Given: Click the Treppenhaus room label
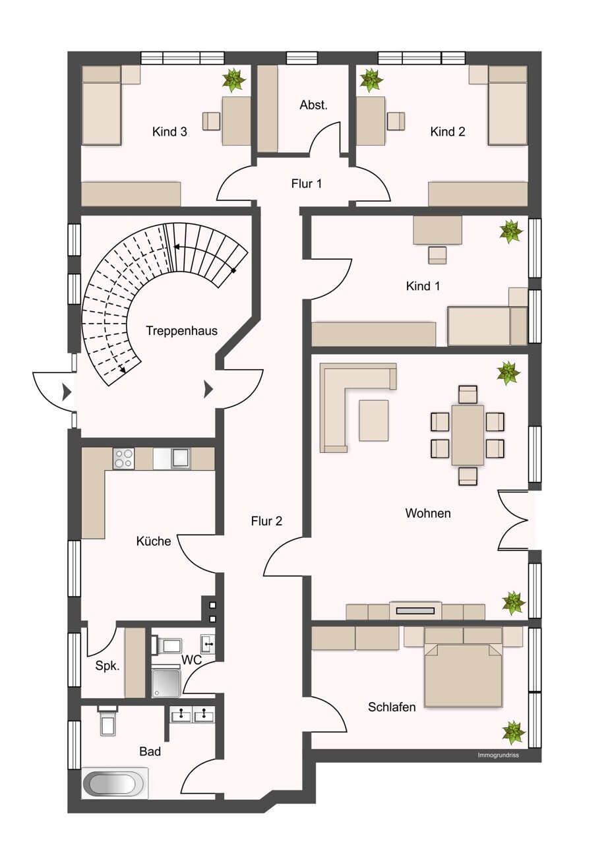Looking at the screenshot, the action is pos(182,330).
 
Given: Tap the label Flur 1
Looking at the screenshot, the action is pos(307,184).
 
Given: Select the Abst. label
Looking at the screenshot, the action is pos(314,105).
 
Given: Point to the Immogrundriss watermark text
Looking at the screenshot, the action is pos(498,755).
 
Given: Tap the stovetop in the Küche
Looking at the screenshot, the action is pos(124,458).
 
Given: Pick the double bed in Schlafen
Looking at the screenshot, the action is pos(463,674).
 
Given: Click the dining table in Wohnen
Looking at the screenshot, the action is pos(468,435).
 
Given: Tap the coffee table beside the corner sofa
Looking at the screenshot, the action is pos(373,420).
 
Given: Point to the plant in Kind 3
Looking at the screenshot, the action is pos(233,80).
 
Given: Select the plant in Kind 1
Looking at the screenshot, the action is pos(511,231).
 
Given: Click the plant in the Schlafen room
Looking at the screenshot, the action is pos(514,732).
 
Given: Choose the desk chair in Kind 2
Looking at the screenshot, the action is pos(396,121).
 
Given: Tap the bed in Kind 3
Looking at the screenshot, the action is pos(102,105).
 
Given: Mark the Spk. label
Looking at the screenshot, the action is pos(107,666).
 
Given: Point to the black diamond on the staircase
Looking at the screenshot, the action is pos(233,271).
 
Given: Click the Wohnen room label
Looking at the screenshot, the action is pos(428,513).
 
